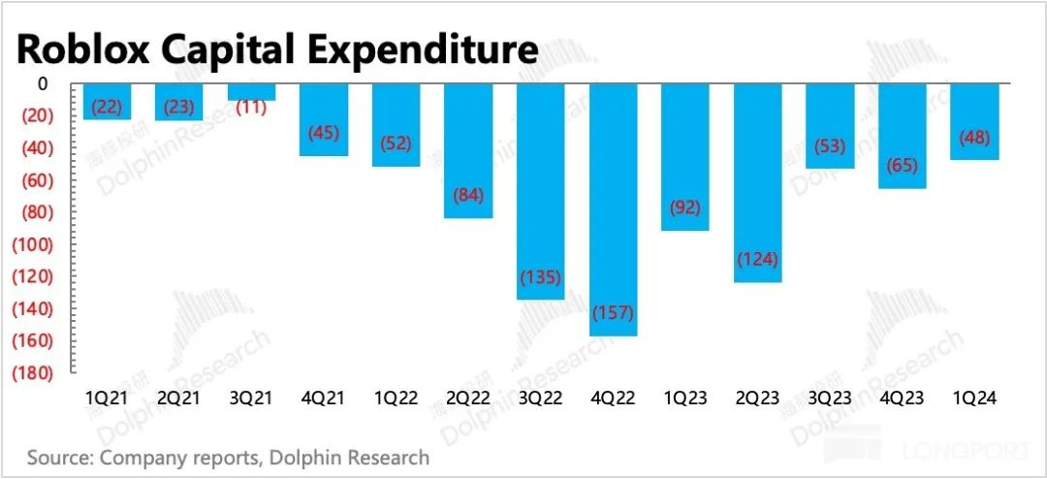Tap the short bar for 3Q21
point(252,92)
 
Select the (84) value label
point(468,196)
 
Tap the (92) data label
point(685,207)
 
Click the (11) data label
point(252,107)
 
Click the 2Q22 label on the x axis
point(468,398)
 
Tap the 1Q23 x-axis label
point(685,398)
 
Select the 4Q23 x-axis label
point(902,398)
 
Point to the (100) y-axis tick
point(32,244)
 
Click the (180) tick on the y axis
point(32,372)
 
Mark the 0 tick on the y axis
point(43,84)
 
